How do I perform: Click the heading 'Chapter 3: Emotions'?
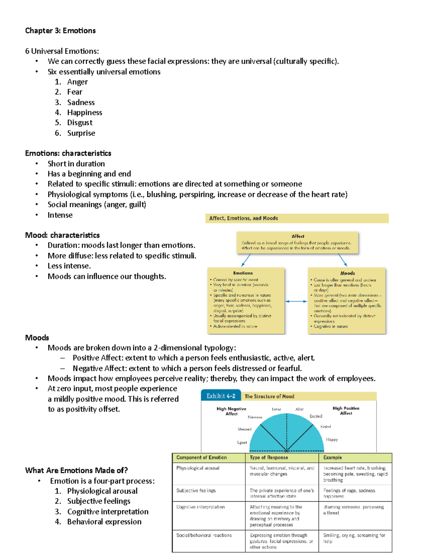(x=60, y=31)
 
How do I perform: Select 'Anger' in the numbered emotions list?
(x=77, y=82)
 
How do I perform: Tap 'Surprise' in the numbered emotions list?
(x=81, y=133)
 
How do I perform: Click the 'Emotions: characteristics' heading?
(x=68, y=153)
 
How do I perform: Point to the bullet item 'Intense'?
(x=60, y=215)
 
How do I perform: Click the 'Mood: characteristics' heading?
(x=62, y=235)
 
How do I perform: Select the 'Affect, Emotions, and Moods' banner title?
(x=243, y=218)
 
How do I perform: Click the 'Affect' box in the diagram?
(x=297, y=242)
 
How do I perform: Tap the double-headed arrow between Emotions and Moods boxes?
(x=296, y=301)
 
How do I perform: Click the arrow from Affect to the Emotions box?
(x=246, y=260)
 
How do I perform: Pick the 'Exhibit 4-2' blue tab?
(x=221, y=396)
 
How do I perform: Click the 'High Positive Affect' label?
(x=346, y=411)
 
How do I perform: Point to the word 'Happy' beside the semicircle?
(x=332, y=440)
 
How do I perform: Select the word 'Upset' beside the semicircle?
(x=242, y=443)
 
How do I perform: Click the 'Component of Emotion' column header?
(x=201, y=458)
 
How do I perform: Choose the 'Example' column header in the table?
(x=332, y=458)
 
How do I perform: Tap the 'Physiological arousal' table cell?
(x=198, y=468)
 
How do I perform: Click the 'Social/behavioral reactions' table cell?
(x=204, y=535)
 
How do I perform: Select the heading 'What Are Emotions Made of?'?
(x=76, y=470)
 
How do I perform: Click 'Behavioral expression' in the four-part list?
(x=104, y=522)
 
